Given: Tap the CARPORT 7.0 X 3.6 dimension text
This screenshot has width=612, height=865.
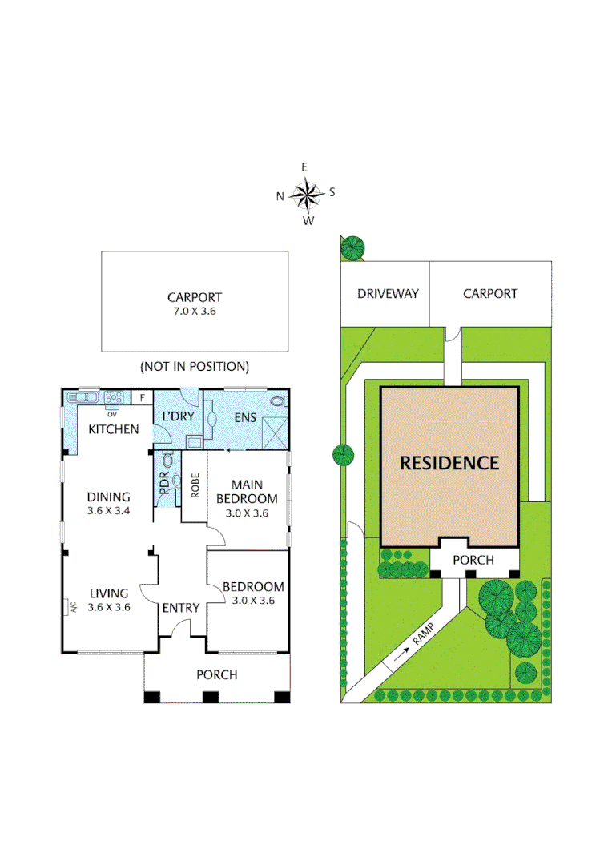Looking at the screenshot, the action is [x=195, y=311].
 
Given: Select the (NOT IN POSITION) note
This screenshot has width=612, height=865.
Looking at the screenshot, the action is [x=195, y=366].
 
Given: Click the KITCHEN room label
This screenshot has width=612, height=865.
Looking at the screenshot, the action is [x=114, y=429].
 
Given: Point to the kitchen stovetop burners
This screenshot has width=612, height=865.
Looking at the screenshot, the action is [x=115, y=397].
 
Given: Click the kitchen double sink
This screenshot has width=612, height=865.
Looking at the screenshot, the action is [x=83, y=397].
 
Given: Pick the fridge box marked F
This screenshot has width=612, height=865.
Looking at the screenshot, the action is [x=142, y=397].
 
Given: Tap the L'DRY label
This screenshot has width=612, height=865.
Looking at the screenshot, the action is [x=178, y=416].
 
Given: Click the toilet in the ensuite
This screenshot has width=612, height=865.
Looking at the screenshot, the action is [x=280, y=401].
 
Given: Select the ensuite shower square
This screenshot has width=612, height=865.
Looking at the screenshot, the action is [x=275, y=433].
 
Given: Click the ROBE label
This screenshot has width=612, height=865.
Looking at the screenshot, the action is [x=195, y=485].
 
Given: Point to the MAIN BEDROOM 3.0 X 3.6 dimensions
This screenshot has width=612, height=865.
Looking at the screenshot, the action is [x=247, y=513].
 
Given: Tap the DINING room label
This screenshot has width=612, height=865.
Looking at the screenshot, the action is [x=109, y=497].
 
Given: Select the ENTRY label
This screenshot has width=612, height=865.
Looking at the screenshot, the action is [x=180, y=607].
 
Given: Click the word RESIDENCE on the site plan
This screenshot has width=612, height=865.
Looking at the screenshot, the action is [x=449, y=463].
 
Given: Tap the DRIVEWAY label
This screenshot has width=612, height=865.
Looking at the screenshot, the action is [x=388, y=293].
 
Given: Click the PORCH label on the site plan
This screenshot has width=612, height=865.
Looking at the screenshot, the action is [x=473, y=560].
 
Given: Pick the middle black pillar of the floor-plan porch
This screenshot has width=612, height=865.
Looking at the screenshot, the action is [x=211, y=697].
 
